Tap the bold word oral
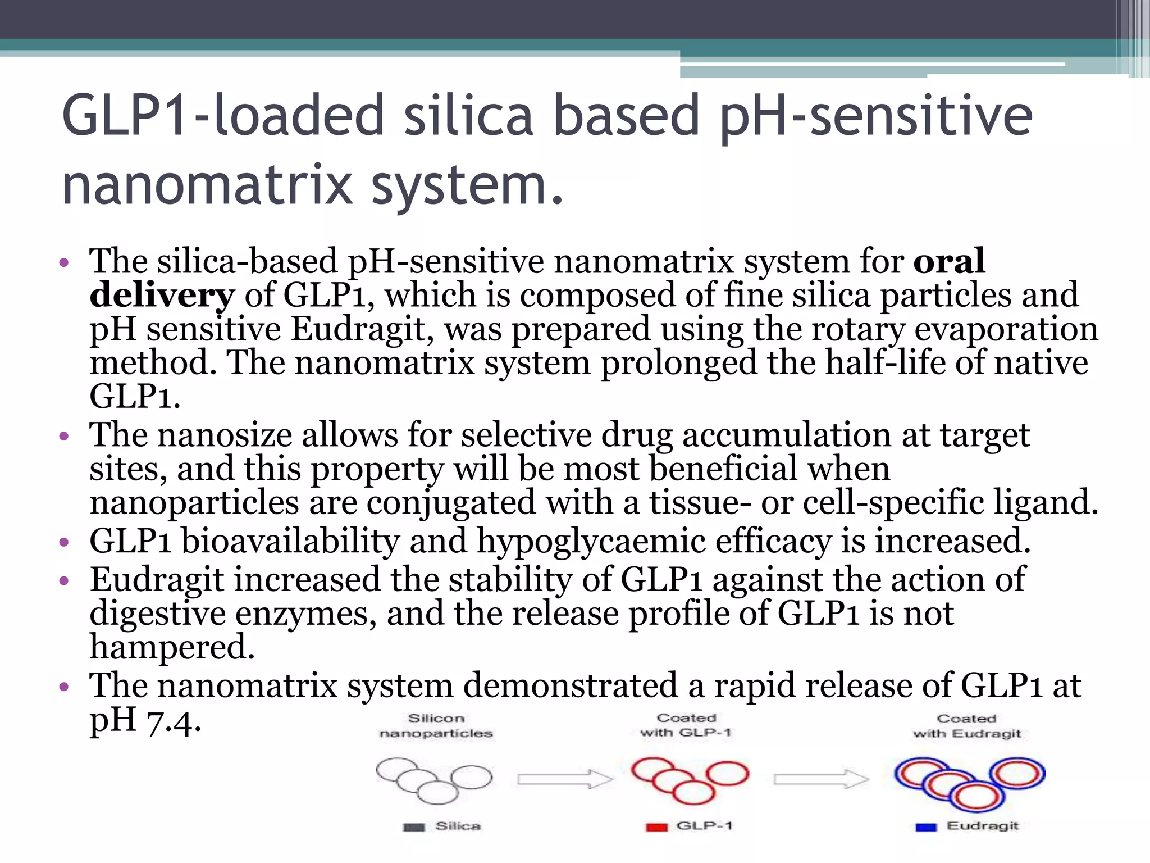pyautogui.click(x=949, y=261)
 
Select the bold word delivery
pyautogui.click(x=162, y=294)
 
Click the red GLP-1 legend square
pyautogui.click(x=656, y=827)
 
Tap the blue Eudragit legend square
pyautogui.click(x=926, y=827)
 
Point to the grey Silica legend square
pyautogui.click(x=414, y=827)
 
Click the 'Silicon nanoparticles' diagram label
pyautogui.click(x=436, y=725)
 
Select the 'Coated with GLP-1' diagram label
pyautogui.click(x=686, y=725)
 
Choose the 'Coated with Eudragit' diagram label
pyautogui.click(x=966, y=726)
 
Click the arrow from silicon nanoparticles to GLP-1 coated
pyautogui.click(x=564, y=779)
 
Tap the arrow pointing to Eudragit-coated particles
pyautogui.click(x=821, y=779)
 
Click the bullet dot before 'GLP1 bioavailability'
pyautogui.click(x=64, y=542)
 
